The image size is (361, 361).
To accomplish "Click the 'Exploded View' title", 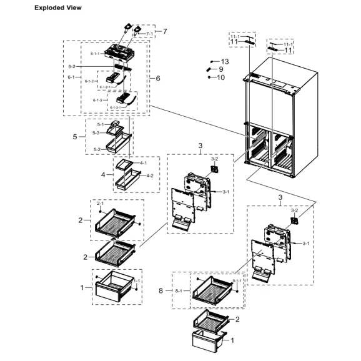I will pos(39,8).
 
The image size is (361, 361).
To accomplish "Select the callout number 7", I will pos(164,31).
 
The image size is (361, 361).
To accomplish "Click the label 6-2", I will pos(71,66).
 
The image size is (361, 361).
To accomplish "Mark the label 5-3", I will pos(96,132).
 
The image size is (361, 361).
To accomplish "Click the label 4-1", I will pos(143,163).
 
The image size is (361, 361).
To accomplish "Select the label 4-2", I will pos(149,176).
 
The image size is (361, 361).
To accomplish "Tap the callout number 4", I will pos(104,175).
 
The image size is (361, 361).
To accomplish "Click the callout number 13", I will pos(224,61).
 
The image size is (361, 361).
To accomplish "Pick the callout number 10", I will pos(220,77).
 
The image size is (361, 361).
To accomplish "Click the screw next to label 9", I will pos(210,69).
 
